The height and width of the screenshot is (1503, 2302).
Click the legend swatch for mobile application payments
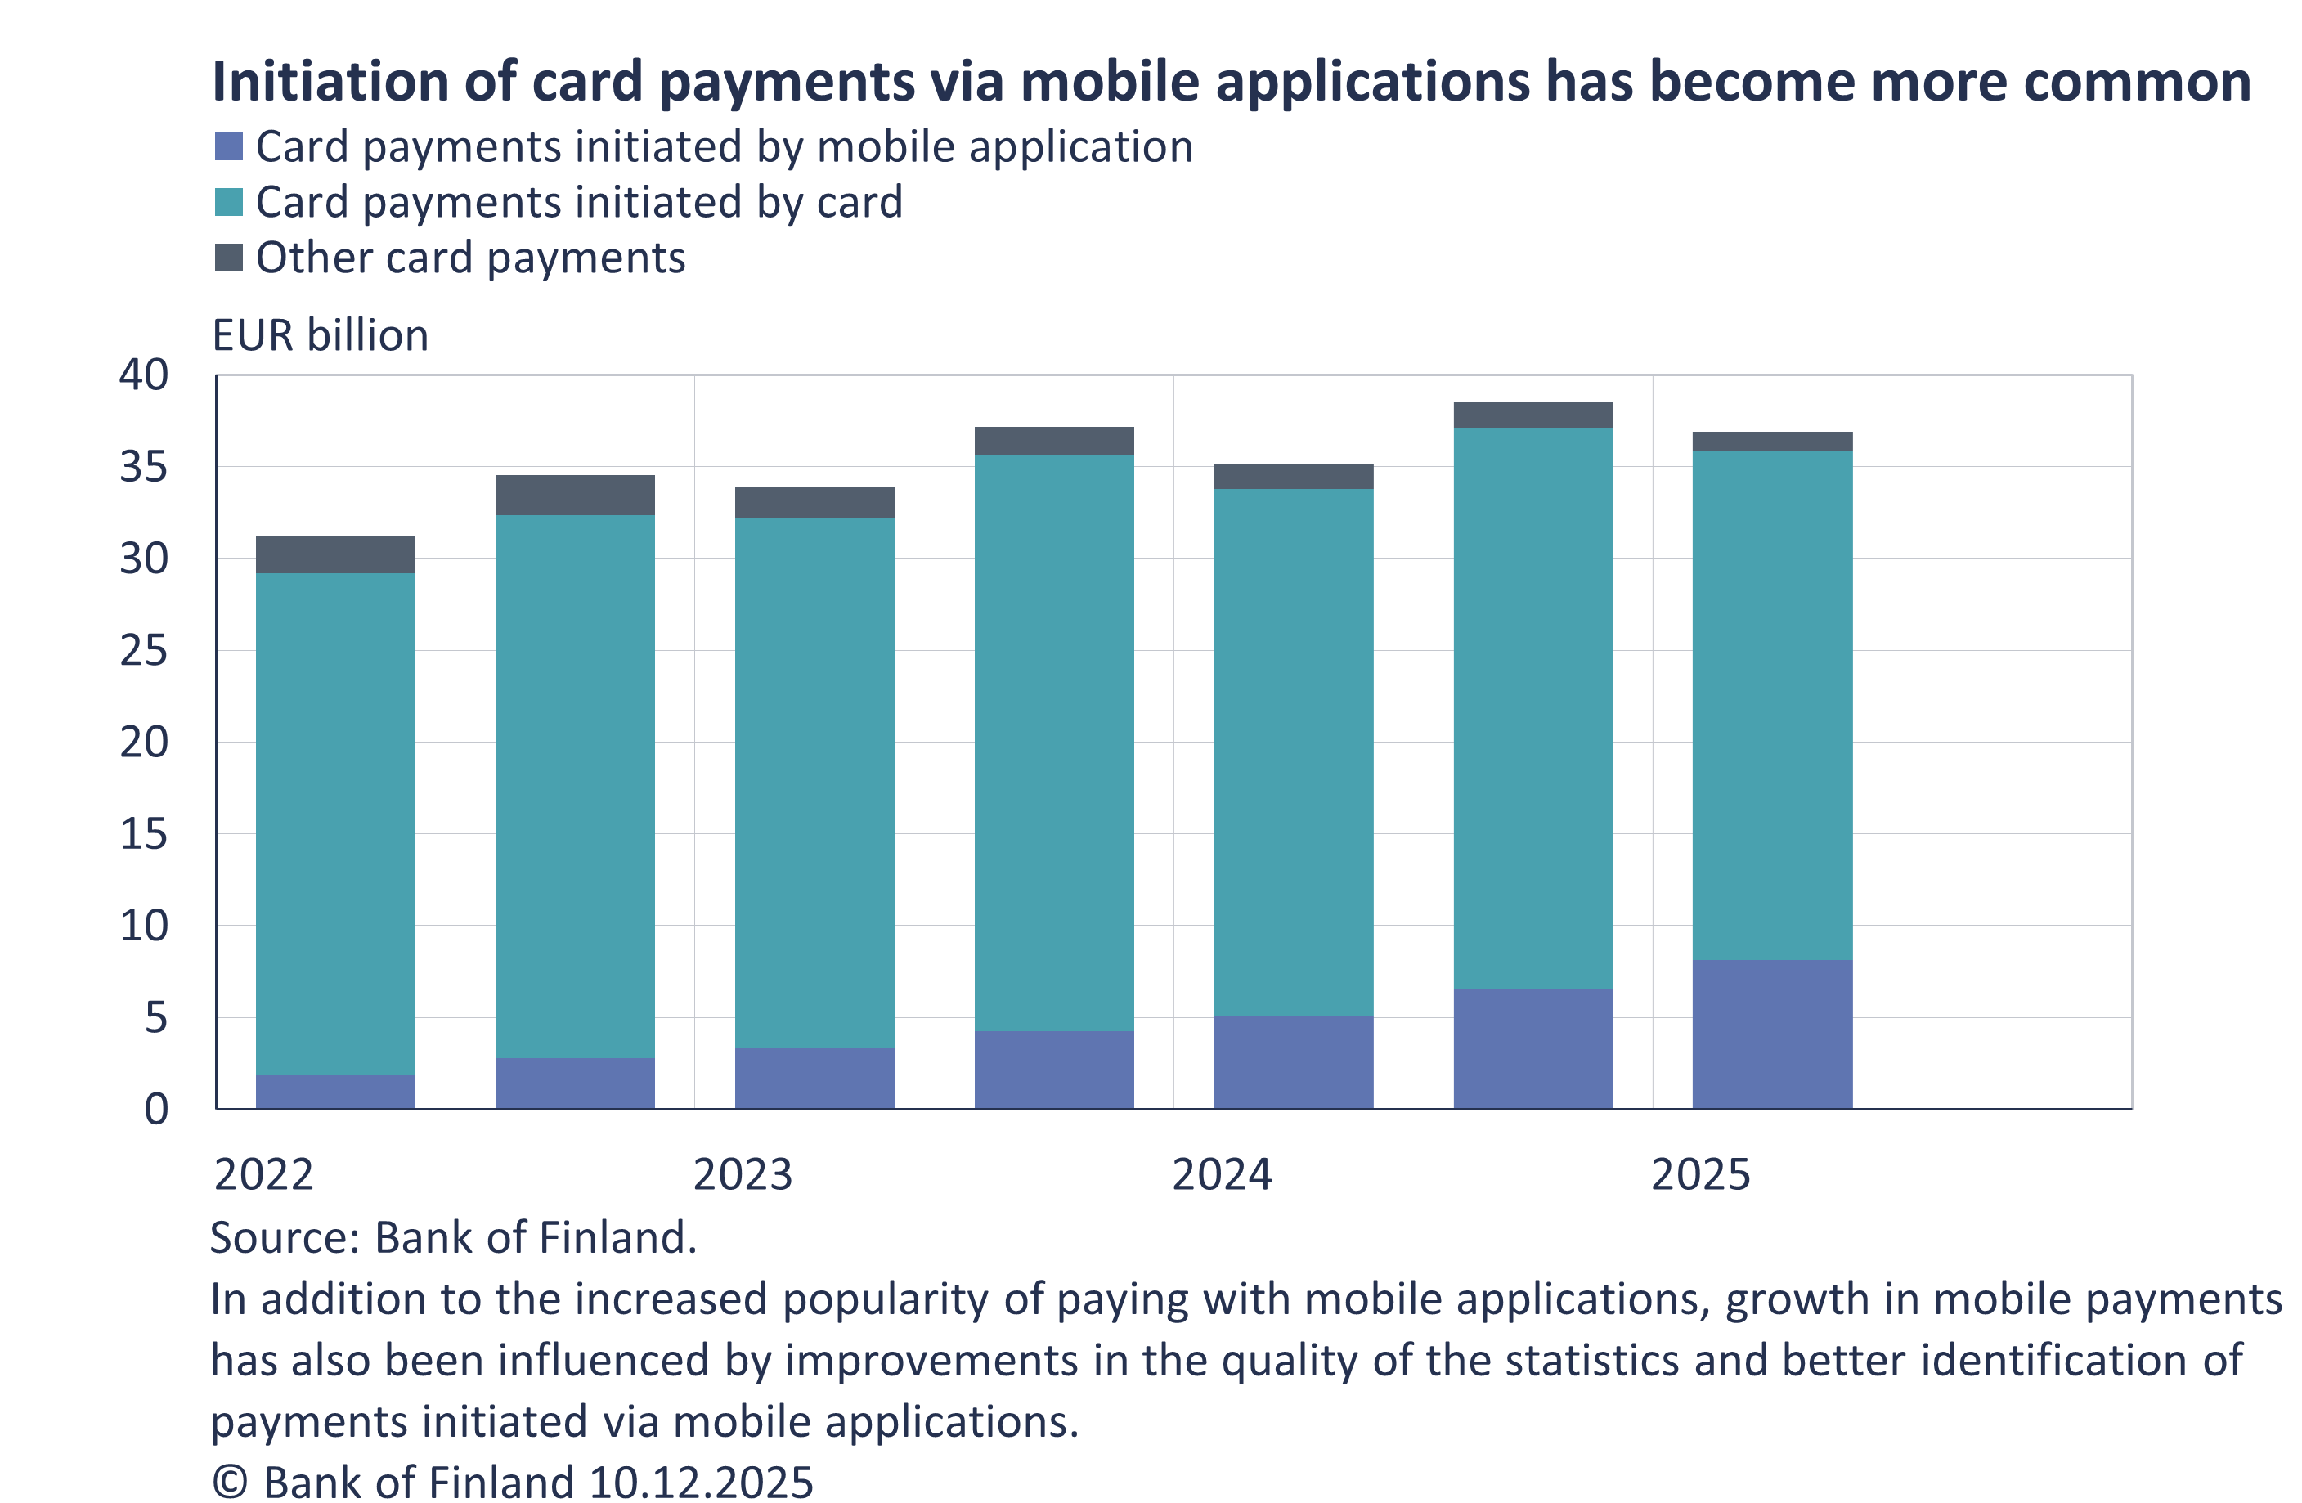[x=228, y=147]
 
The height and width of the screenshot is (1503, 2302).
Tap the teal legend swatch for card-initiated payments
[x=228, y=202]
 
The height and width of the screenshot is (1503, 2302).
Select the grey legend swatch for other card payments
[x=228, y=258]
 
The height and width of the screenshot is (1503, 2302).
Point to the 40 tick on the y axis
[x=144, y=375]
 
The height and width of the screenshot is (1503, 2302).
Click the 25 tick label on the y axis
[x=144, y=651]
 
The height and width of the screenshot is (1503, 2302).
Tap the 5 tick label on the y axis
[x=155, y=1017]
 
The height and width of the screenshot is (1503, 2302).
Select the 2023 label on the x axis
[x=742, y=1174]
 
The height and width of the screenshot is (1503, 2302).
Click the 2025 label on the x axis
[x=1700, y=1174]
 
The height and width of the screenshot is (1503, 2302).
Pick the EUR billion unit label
[x=320, y=335]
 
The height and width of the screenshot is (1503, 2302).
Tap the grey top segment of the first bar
[x=335, y=555]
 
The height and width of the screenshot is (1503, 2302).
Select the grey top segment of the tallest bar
[x=1533, y=415]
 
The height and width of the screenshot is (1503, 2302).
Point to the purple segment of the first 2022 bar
[x=335, y=1092]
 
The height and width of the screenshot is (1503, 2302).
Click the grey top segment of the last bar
[x=1772, y=441]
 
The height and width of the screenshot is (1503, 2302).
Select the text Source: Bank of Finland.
[x=453, y=1238]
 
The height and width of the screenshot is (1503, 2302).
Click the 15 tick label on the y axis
[x=144, y=835]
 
